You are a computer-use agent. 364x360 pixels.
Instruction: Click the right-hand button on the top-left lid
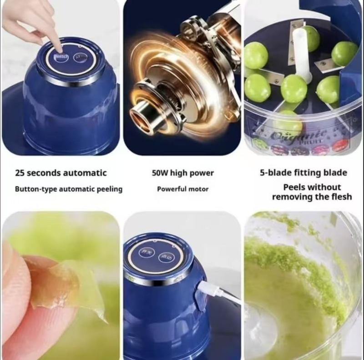[x=81, y=57]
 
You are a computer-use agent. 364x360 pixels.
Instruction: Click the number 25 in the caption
[x=20, y=173]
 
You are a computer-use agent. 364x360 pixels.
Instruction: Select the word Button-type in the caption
[x=35, y=189]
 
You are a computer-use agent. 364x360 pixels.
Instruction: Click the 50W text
[x=159, y=173]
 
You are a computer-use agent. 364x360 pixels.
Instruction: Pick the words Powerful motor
[x=182, y=189]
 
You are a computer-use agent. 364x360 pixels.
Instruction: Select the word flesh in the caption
[x=340, y=197]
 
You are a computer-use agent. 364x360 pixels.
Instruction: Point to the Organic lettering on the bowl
[x=298, y=135]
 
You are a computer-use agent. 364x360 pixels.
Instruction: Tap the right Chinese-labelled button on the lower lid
[x=167, y=257]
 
